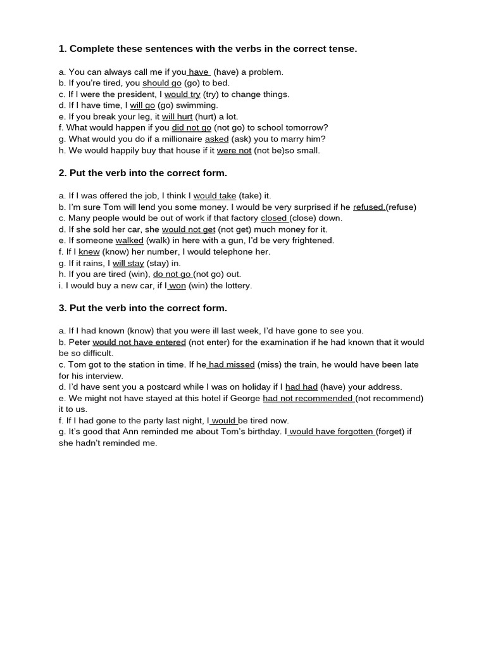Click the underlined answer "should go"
(162, 83)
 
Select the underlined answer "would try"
(182, 94)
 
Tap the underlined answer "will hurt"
(177, 117)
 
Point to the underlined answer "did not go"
(191, 128)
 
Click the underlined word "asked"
(216, 139)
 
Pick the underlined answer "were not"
(234, 151)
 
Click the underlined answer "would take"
(215, 196)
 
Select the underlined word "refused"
(368, 207)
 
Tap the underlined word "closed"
(274, 218)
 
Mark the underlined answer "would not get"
(189, 229)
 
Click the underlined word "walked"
(130, 241)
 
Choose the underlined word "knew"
(89, 252)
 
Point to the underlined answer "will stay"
(128, 263)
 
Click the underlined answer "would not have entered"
(139, 342)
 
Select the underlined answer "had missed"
(232, 365)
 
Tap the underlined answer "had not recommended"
(308, 399)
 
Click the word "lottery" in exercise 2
(237, 286)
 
